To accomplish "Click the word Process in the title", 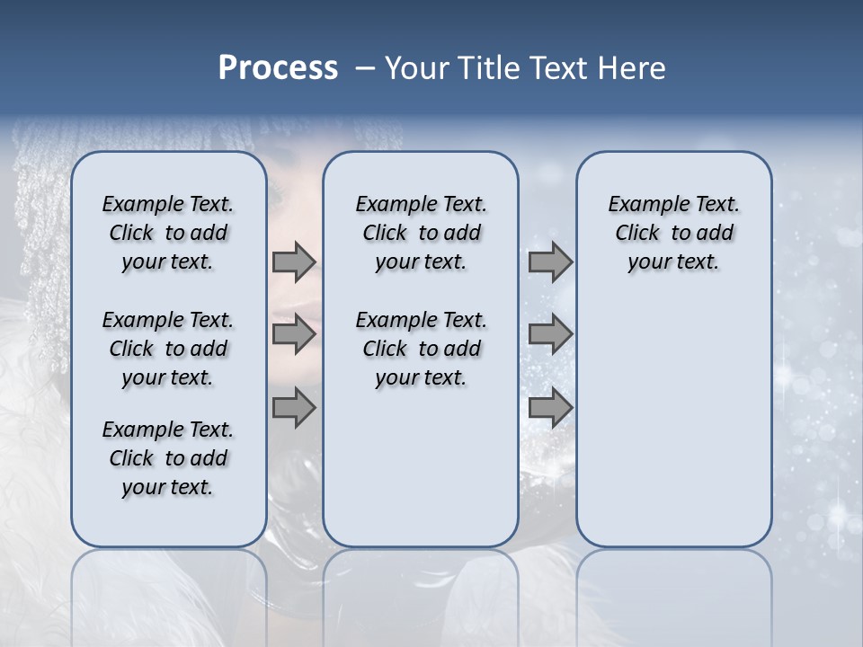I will [277, 67].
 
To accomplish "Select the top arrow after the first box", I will [293, 261].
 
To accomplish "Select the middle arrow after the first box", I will [293, 334].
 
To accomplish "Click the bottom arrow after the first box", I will [293, 408].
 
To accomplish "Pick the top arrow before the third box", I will [550, 261].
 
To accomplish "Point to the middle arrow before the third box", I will [550, 334].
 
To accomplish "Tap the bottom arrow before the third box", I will [550, 408].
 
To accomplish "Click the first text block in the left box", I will [168, 233].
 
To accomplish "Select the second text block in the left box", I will [168, 349].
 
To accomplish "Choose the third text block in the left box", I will [168, 458].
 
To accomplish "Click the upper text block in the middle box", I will [421, 233].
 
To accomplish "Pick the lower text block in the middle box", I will [421, 349].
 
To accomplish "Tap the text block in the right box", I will [674, 233].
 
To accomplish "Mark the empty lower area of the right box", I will [674, 422].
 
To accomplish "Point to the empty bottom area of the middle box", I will [421, 476].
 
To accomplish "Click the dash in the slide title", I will [365, 68].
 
